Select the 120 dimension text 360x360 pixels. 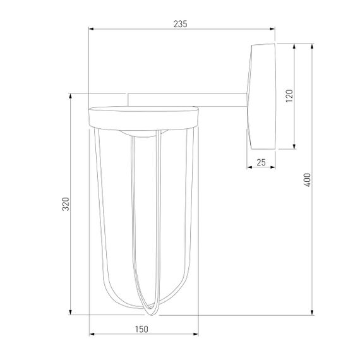[289, 96]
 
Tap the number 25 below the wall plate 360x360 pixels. [261, 162]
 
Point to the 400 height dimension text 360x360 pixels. [308, 179]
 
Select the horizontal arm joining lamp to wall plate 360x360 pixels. [189, 99]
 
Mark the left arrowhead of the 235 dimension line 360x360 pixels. [91, 29]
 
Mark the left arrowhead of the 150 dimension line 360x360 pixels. [91, 334]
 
